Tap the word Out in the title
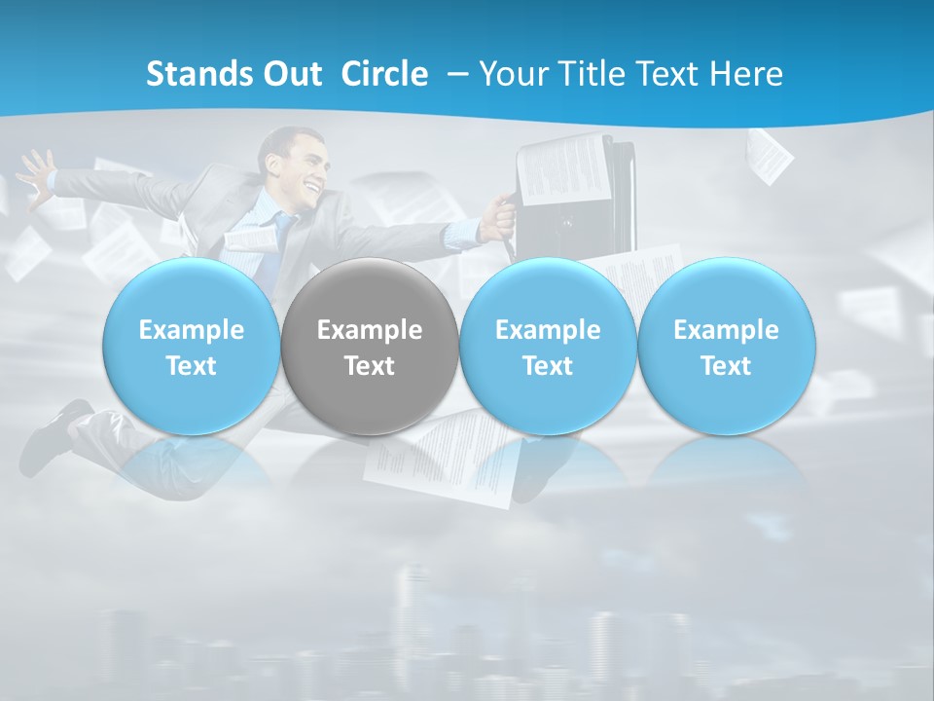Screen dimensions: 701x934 (293, 74)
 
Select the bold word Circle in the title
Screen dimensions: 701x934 (384, 74)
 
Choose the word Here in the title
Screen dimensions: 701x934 (746, 74)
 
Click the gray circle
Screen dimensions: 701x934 (370, 347)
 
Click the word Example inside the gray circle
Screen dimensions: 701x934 (370, 330)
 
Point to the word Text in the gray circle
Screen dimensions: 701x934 (370, 366)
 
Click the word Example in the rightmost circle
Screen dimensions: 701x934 (727, 330)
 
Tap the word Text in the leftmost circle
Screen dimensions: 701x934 (192, 366)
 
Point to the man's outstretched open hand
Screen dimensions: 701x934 (35, 176)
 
